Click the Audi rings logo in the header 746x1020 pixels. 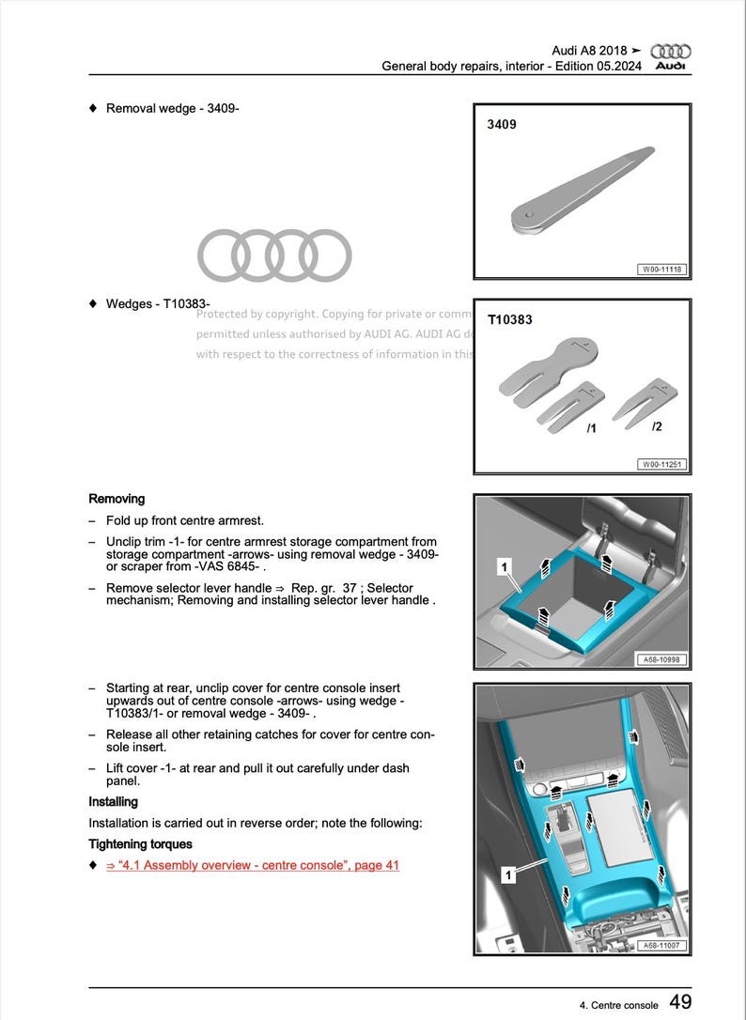671,52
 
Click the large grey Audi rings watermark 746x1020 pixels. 274,255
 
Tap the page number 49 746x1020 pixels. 681,1002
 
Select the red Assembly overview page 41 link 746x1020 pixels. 253,865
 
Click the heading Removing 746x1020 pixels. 117,499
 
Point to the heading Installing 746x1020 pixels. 113,801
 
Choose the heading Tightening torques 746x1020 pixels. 140,843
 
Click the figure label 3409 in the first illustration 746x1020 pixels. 502,124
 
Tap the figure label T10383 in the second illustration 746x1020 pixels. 510,319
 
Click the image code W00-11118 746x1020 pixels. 662,270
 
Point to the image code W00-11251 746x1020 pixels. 662,464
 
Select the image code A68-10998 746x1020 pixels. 662,660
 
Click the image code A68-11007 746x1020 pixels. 662,946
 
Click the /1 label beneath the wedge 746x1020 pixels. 591,428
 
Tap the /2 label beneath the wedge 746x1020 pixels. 657,426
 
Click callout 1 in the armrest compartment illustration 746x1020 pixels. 505,567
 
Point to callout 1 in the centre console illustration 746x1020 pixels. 508,875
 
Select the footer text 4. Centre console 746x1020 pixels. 619,1005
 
